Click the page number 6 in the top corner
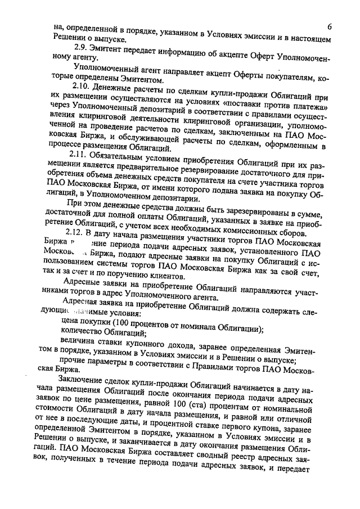coord(329,28)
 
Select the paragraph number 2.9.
coord(83,48)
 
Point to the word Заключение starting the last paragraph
coord(79,386)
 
